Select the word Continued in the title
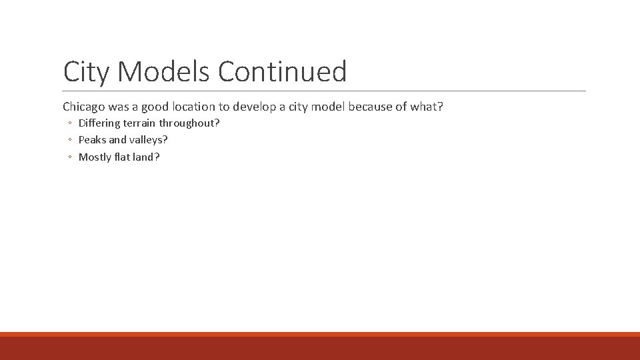(x=283, y=71)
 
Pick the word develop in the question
(x=253, y=107)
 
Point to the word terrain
(x=139, y=123)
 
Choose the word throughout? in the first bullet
(x=189, y=123)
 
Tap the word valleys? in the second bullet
(x=148, y=141)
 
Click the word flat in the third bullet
(x=123, y=157)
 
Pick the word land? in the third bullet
(x=147, y=157)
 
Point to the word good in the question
(x=155, y=107)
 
